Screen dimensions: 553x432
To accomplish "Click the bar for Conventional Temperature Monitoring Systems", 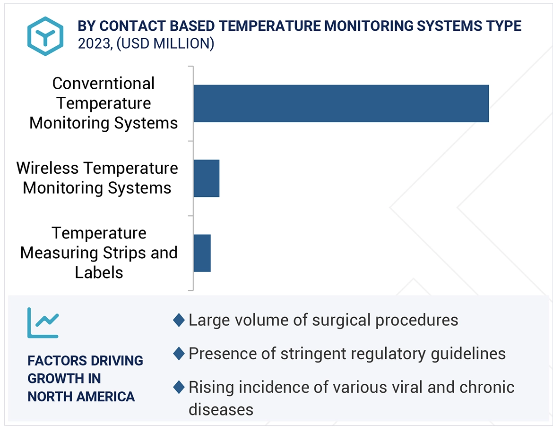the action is [x=341, y=103].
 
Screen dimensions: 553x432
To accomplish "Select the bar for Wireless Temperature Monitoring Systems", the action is [x=207, y=178].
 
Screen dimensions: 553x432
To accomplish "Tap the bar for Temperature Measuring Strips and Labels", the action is [x=202, y=253].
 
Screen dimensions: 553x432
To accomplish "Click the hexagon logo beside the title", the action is [x=45, y=36].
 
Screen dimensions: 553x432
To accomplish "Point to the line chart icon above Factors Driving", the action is [x=43, y=323].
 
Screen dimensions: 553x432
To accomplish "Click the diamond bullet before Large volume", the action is [x=179, y=320].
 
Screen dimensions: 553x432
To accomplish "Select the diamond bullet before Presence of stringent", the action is [x=179, y=354].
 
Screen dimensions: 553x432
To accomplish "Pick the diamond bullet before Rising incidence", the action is [x=179, y=387].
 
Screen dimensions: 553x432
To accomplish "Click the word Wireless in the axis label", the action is [x=48, y=168].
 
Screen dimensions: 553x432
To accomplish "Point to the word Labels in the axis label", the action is [x=99, y=272].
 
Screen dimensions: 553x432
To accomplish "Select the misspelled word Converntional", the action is [x=104, y=84].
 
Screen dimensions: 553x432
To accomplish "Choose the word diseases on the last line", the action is [x=221, y=409].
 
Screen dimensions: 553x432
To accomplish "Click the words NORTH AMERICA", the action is [x=81, y=397].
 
